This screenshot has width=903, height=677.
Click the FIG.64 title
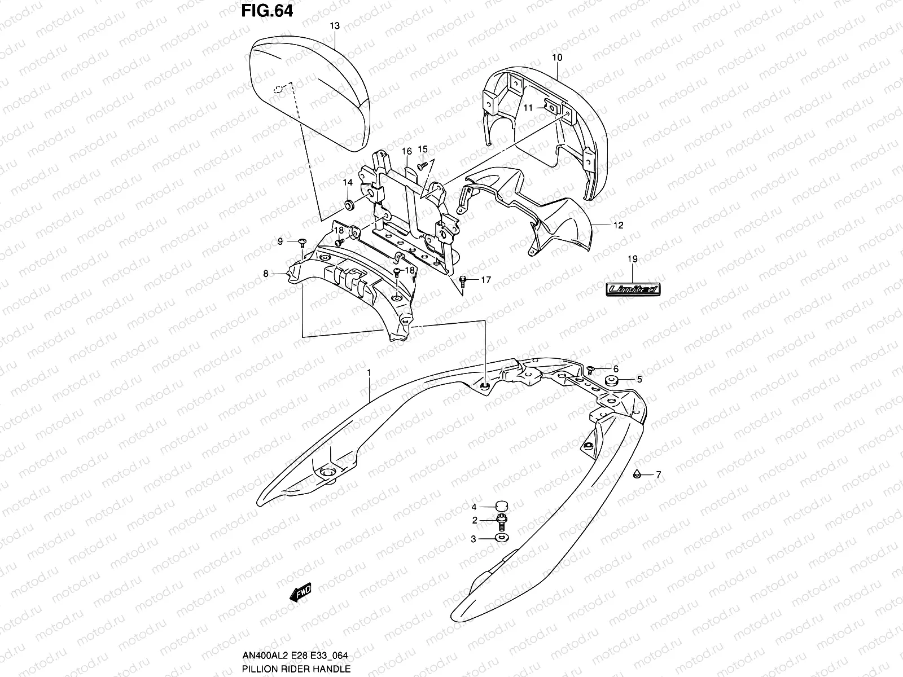[268, 11]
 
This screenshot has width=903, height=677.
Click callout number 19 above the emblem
[632, 259]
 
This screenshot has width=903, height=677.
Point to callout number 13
[335, 25]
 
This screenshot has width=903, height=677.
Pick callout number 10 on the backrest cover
[557, 58]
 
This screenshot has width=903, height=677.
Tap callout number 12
[618, 225]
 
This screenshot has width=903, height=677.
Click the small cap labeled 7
[637, 473]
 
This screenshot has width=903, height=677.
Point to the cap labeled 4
[500, 506]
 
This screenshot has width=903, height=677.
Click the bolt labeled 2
[500, 520]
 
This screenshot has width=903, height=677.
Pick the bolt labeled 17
[463, 279]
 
